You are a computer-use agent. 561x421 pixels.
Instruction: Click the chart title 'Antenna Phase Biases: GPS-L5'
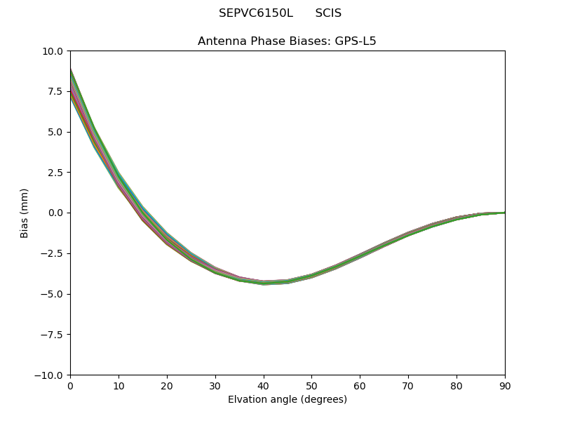click(x=287, y=41)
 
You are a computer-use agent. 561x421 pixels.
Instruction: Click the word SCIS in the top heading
click(x=328, y=13)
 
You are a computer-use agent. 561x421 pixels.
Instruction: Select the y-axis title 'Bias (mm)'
click(x=25, y=213)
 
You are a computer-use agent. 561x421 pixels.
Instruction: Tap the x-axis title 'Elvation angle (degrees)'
click(x=288, y=400)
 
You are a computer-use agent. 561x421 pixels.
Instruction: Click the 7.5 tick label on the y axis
click(x=55, y=91)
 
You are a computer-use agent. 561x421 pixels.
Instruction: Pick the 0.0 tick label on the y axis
click(x=55, y=213)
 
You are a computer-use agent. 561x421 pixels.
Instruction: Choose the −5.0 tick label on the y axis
click(x=53, y=294)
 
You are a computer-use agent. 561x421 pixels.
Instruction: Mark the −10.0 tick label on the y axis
click(x=50, y=375)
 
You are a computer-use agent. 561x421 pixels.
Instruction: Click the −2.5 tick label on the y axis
click(x=53, y=253)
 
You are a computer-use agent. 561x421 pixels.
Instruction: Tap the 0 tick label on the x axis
click(x=70, y=385)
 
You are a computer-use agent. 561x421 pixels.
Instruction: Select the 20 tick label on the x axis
click(x=167, y=385)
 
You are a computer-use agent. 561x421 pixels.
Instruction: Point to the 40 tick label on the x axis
click(x=264, y=385)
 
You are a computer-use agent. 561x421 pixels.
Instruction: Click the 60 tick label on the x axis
click(x=360, y=385)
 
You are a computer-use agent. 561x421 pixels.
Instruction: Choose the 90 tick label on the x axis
click(x=504, y=385)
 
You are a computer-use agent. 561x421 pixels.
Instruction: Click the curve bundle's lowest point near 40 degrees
click(x=264, y=283)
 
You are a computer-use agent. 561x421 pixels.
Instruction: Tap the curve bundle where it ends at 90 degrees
click(x=503, y=213)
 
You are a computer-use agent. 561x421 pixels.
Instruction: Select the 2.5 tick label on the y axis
click(x=55, y=173)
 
